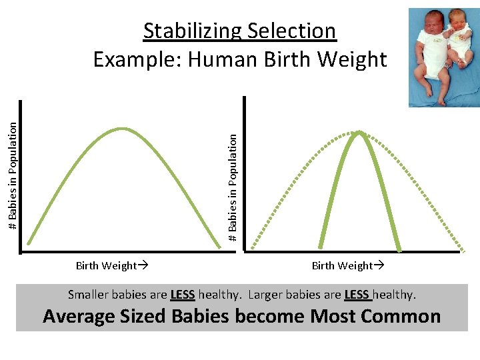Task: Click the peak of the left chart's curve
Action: coord(121,128)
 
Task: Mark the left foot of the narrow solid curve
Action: coord(321,245)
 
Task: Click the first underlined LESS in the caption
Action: coord(182,295)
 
